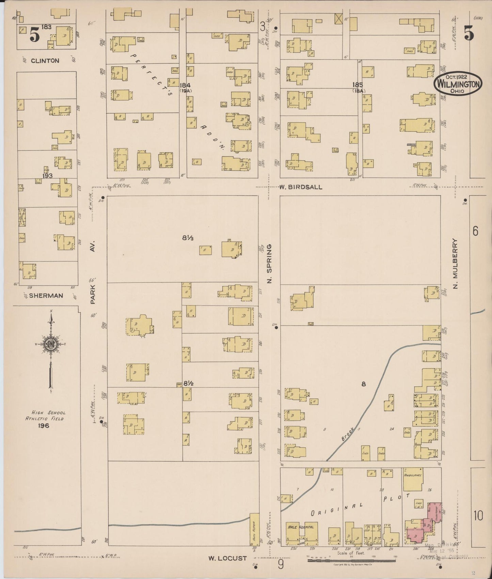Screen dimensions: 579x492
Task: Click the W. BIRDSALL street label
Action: coord(301,187)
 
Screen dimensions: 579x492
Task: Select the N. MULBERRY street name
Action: coord(455,263)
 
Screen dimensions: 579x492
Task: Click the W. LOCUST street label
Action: coord(227,558)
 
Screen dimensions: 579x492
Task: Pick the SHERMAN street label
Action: coord(46,296)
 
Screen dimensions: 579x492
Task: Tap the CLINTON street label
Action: coord(45,61)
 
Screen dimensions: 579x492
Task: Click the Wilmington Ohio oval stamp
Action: coord(458,84)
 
